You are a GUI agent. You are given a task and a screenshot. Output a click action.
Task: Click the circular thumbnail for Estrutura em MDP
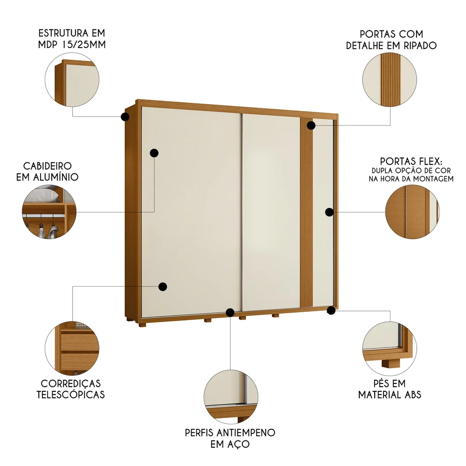point(72,80)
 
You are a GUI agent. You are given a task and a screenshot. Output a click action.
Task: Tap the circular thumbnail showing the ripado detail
point(390,80)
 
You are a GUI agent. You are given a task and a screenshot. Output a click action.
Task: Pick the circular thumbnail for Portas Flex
point(412,212)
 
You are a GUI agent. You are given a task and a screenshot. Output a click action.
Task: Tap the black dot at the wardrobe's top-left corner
point(125,116)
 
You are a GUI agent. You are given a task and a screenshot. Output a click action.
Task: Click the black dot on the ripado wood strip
point(311,125)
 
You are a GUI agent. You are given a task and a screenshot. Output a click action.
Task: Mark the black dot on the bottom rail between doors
point(230,312)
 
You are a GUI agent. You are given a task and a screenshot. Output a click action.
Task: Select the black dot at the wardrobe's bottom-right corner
point(331,310)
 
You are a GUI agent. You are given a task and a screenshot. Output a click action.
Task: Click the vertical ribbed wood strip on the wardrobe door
point(306,214)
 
